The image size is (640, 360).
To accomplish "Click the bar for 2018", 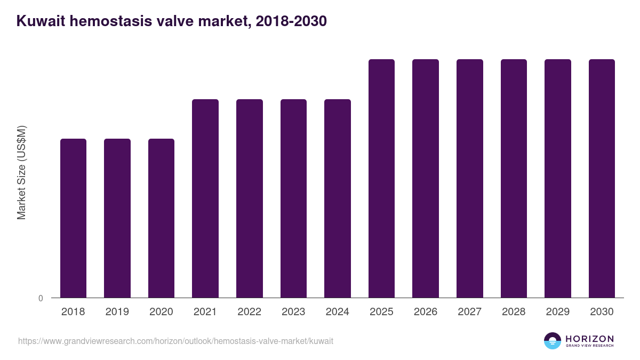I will click(x=73, y=218).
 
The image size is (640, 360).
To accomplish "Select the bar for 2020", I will click(x=161, y=218).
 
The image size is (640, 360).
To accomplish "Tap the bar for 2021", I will click(x=205, y=198).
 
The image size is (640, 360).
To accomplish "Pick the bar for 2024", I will click(x=338, y=198).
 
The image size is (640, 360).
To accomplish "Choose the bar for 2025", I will click(x=381, y=178).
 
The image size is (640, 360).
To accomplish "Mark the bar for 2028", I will click(x=514, y=178).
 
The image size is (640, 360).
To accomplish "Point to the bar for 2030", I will click(x=602, y=178).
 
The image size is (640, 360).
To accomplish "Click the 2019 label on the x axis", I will click(x=117, y=312).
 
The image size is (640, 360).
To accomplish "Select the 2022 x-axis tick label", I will click(x=250, y=312).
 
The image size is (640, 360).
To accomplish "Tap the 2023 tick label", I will click(x=293, y=312).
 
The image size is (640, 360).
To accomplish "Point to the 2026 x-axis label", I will click(x=426, y=312).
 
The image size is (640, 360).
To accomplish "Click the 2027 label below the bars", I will click(x=470, y=312).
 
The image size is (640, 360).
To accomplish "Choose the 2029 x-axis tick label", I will click(x=558, y=312).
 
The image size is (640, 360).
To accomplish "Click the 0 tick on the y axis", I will click(x=41, y=298).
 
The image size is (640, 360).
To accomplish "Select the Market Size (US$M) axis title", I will click(x=21, y=172).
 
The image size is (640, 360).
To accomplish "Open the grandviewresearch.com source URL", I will click(x=175, y=341).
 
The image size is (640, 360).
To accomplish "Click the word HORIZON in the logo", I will click(x=589, y=338).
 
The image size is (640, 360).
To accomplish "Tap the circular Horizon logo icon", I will click(x=553, y=341).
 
